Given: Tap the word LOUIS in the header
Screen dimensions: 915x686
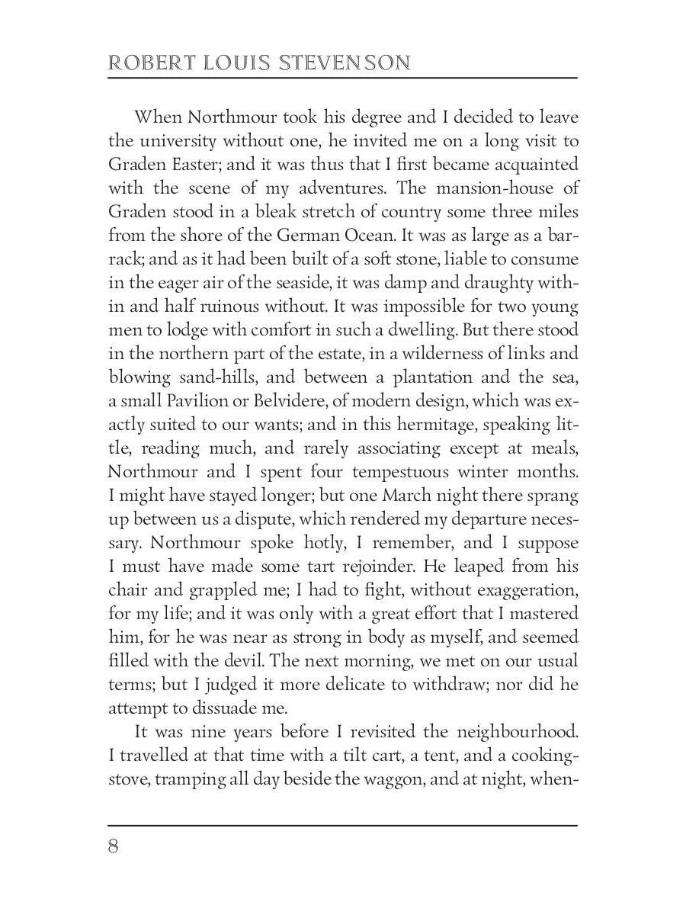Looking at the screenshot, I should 227,63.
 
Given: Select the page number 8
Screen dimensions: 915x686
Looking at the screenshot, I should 114,847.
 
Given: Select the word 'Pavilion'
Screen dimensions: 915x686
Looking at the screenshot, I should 188,401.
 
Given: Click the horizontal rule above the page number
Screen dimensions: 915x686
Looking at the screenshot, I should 343,825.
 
